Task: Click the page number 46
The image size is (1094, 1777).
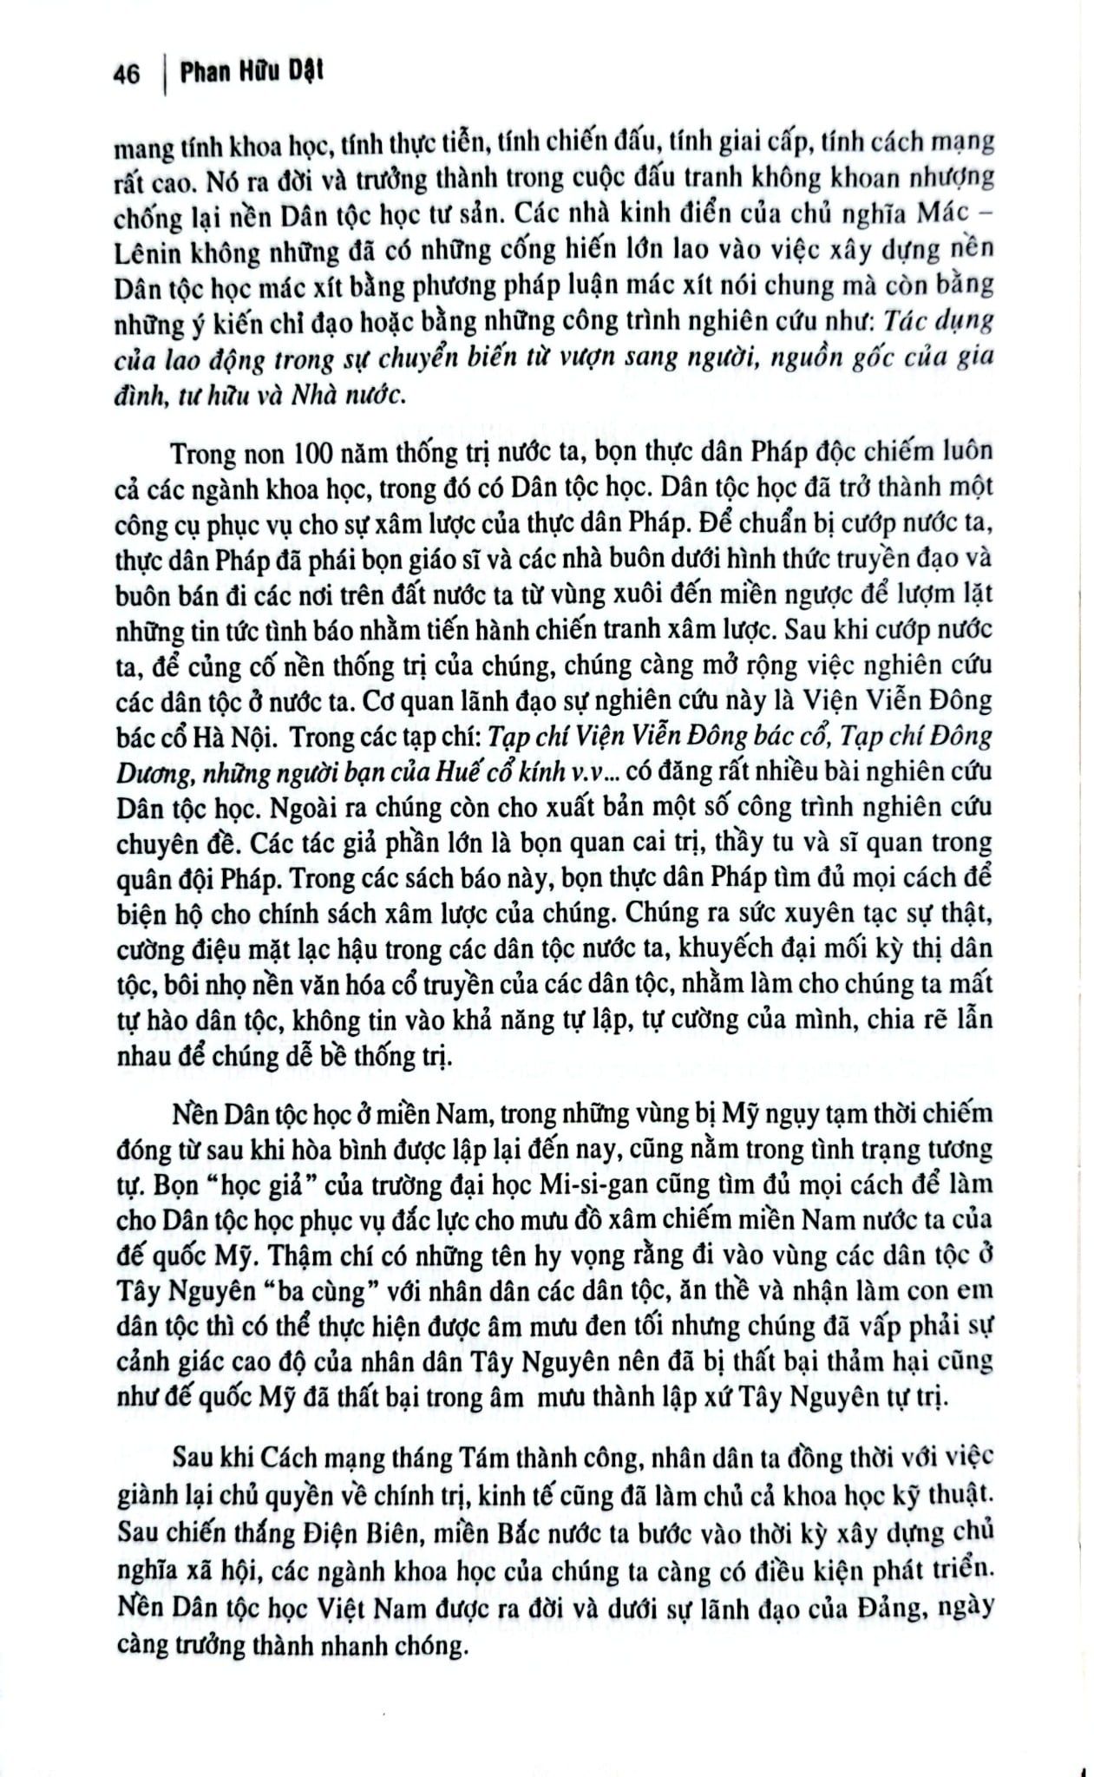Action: (x=126, y=75)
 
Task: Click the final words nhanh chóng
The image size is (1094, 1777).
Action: (x=403, y=1636)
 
